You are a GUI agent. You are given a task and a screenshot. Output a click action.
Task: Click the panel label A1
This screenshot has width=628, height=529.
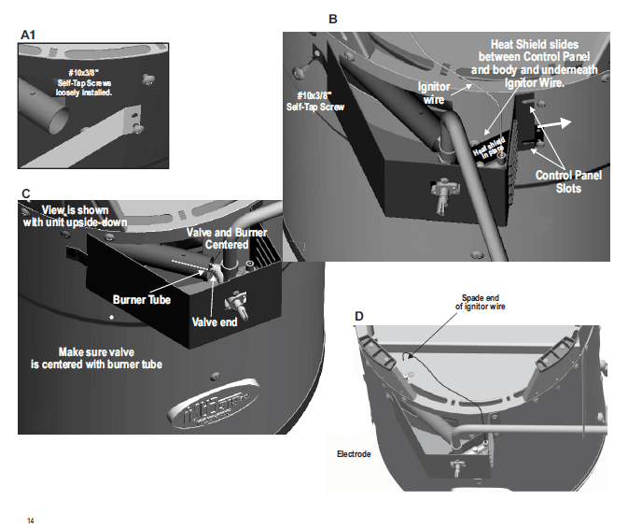(28, 36)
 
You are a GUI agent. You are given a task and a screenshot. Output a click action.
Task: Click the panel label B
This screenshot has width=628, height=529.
(333, 19)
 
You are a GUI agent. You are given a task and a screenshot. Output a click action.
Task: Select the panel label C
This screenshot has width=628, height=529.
(26, 193)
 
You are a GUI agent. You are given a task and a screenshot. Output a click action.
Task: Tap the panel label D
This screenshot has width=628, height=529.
(359, 316)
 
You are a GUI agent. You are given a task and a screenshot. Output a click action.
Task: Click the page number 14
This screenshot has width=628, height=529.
(31, 520)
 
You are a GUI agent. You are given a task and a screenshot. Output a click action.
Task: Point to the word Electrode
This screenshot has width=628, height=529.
(354, 454)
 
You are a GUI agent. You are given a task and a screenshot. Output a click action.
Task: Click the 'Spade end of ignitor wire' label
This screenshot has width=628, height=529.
(480, 302)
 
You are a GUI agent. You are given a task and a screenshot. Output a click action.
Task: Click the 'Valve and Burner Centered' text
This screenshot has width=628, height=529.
(216, 238)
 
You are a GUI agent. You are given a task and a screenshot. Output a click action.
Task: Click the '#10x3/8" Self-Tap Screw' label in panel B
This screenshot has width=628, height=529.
(316, 101)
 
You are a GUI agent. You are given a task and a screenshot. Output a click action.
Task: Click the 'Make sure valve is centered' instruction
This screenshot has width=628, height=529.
(111, 358)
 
